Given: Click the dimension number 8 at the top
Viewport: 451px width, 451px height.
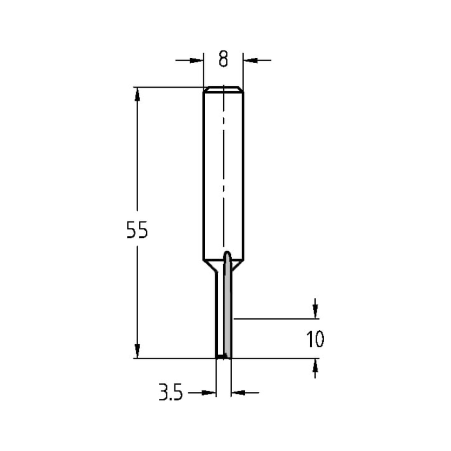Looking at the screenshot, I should [x=223, y=59].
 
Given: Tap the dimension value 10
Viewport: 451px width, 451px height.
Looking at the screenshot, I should [x=315, y=339].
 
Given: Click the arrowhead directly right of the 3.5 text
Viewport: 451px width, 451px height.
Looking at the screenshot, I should [x=208, y=393].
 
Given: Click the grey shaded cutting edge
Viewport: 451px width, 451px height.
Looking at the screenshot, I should [x=228, y=316].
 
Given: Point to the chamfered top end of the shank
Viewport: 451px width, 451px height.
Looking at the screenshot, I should [x=223, y=89].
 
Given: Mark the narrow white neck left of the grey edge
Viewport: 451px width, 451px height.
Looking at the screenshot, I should [x=220, y=316].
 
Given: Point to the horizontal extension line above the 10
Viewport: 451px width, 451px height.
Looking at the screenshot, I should [x=275, y=319].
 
